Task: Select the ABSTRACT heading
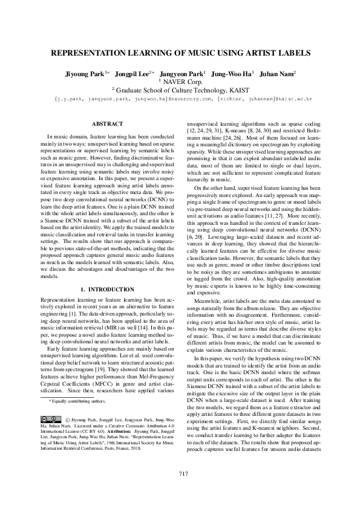coord(106,124)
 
